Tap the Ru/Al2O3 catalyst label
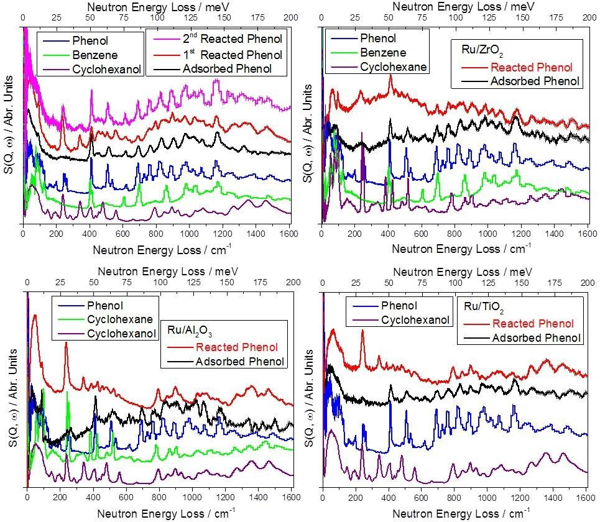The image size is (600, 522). [195, 330]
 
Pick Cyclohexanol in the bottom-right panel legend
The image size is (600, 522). [415, 321]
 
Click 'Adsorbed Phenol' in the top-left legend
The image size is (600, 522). [227, 68]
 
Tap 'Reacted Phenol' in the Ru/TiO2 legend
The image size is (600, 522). [532, 323]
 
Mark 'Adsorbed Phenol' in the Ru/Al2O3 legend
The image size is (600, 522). [239, 362]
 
